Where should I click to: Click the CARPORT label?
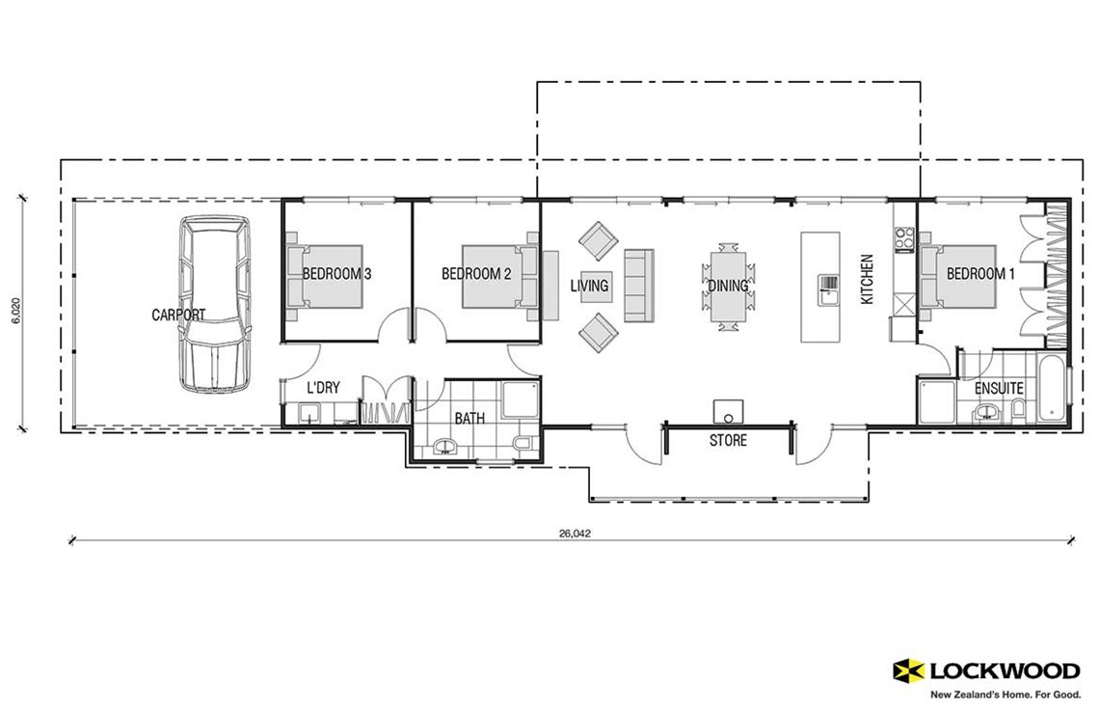pyautogui.click(x=178, y=315)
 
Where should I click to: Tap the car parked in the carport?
pyautogui.click(x=215, y=303)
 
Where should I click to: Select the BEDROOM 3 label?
pyautogui.click(x=336, y=274)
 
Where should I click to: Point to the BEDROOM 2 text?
pyautogui.click(x=476, y=274)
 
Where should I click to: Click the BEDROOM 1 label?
pyautogui.click(x=980, y=274)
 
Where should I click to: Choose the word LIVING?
pyautogui.click(x=589, y=286)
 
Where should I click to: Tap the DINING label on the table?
pyautogui.click(x=728, y=286)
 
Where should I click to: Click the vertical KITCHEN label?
pyautogui.click(x=867, y=280)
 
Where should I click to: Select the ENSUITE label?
pyautogui.click(x=999, y=389)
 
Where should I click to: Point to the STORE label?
pyautogui.click(x=728, y=441)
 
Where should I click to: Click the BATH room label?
pyautogui.click(x=469, y=419)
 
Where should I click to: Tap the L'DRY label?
pyautogui.click(x=323, y=388)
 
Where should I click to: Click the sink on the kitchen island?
pyautogui.click(x=828, y=284)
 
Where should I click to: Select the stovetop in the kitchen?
pyautogui.click(x=904, y=238)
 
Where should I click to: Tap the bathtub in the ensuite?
pyautogui.click(x=1055, y=391)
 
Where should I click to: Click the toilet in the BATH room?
pyautogui.click(x=522, y=443)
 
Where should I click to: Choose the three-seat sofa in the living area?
pyautogui.click(x=638, y=286)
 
